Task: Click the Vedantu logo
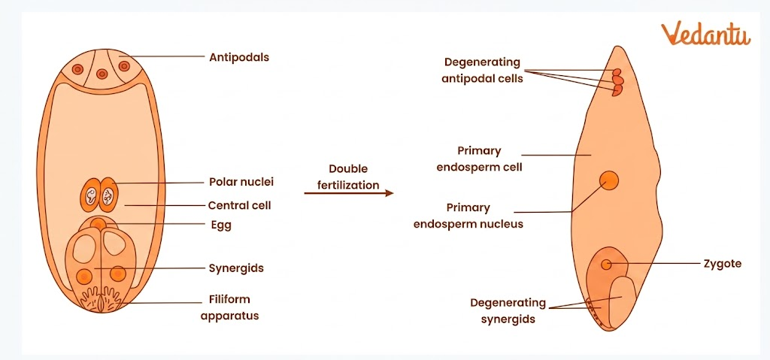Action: click(705, 35)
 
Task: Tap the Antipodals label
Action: click(239, 56)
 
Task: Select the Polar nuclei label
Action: click(241, 182)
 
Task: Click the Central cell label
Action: click(239, 205)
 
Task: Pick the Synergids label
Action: click(236, 268)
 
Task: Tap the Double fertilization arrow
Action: click(349, 194)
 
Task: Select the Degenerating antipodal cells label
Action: click(482, 71)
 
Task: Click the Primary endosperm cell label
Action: click(479, 159)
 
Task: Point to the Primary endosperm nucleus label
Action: click(468, 216)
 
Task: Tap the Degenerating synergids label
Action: click(508, 310)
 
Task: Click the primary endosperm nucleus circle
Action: click(608, 181)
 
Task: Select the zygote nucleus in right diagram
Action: click(606, 264)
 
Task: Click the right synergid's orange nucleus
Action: click(117, 274)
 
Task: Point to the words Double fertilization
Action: click(348, 177)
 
